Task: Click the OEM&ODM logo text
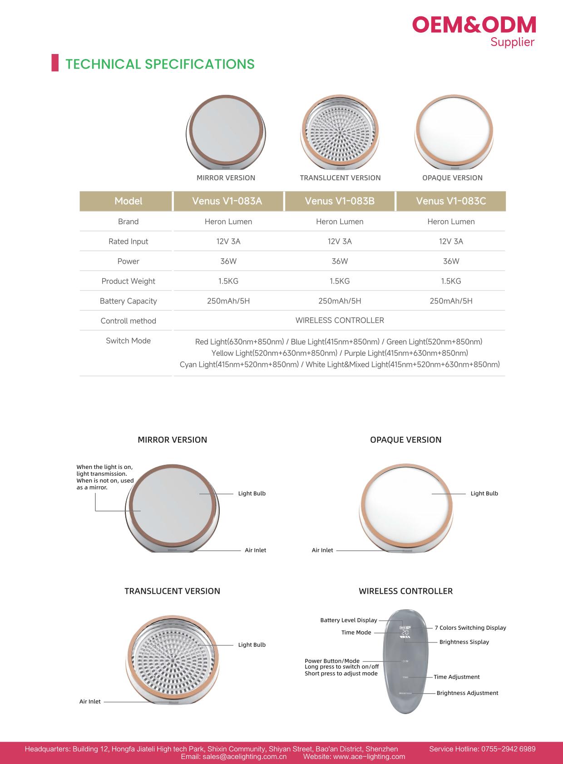click(474, 25)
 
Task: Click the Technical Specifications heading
click(160, 64)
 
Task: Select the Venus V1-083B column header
click(340, 201)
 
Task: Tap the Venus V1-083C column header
click(451, 201)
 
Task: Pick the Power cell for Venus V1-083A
click(228, 261)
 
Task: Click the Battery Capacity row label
click(128, 301)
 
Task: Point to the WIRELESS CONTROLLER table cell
click(340, 320)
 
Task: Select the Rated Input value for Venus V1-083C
click(451, 242)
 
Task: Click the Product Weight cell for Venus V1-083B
click(340, 281)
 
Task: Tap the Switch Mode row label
click(128, 341)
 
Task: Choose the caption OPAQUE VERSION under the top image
click(452, 178)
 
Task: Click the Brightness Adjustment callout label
click(467, 693)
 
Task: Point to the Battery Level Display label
click(348, 620)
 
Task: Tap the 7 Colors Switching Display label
click(470, 628)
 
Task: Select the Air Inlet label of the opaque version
click(322, 550)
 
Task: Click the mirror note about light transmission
click(105, 477)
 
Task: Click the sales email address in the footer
click(233, 757)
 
